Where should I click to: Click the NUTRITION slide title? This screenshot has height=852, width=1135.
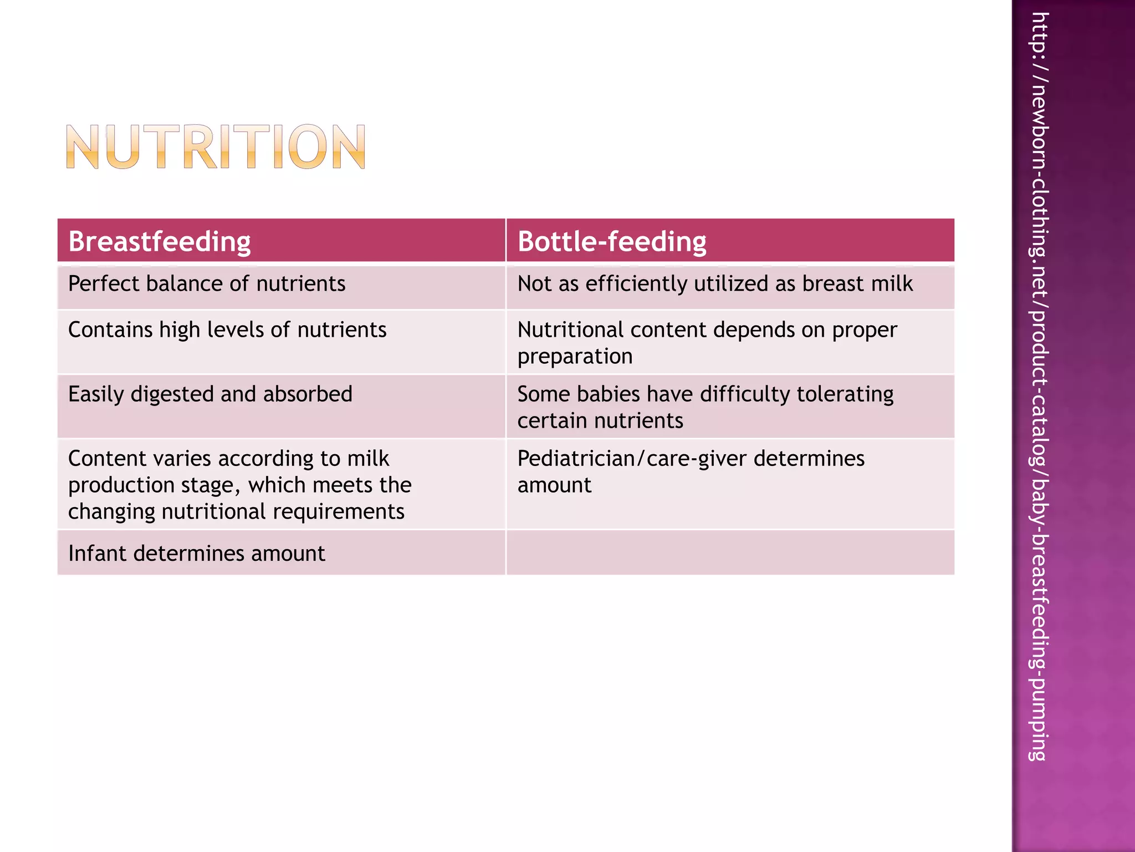click(x=216, y=147)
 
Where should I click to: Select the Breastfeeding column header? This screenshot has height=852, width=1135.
click(x=160, y=241)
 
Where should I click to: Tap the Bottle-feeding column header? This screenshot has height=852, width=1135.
click(x=612, y=241)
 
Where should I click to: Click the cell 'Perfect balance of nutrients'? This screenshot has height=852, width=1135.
click(x=207, y=284)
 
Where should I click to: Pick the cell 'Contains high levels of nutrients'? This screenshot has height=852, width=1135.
click(x=227, y=330)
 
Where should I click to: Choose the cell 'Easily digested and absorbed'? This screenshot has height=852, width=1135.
click(x=210, y=394)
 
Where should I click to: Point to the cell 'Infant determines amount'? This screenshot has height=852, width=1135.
click(x=196, y=554)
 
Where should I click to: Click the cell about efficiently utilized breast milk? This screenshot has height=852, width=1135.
click(x=715, y=284)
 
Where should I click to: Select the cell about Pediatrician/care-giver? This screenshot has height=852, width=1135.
click(x=691, y=471)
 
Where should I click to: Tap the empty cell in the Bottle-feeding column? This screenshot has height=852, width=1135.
click(x=730, y=553)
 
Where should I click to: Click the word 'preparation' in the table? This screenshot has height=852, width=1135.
click(x=575, y=357)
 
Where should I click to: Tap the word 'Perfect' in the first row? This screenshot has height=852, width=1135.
click(x=103, y=284)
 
